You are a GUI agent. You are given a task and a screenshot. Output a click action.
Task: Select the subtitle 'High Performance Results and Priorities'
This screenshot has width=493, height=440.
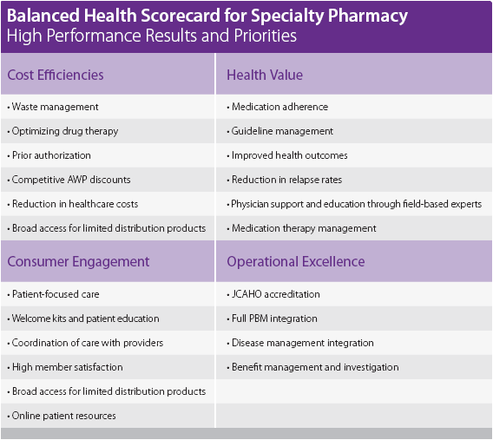tap(151, 36)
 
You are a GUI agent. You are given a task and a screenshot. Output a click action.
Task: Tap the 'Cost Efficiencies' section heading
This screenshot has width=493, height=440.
tap(56, 75)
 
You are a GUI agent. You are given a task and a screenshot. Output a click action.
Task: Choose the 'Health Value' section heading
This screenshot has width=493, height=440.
tap(265, 75)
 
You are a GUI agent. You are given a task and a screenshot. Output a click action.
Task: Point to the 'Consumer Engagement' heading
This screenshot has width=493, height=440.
tap(78, 261)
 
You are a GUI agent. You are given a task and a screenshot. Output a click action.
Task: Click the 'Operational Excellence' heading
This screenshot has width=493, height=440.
tap(296, 261)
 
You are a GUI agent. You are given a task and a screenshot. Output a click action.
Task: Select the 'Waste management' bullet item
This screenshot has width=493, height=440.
tap(53, 107)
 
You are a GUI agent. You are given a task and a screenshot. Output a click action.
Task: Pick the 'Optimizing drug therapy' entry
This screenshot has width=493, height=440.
tap(63, 131)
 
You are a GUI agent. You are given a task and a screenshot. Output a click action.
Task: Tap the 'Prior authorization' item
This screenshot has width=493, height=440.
tap(51, 155)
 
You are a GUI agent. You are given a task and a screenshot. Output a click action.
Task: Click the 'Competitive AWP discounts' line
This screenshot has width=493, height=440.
tap(69, 180)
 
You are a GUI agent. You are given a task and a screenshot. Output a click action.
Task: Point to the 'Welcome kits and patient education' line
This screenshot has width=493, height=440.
tap(83, 319)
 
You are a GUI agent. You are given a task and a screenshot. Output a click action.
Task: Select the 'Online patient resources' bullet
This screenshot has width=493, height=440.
tap(62, 416)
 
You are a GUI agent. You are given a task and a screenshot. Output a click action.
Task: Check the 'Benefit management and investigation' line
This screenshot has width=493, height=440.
tap(313, 367)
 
